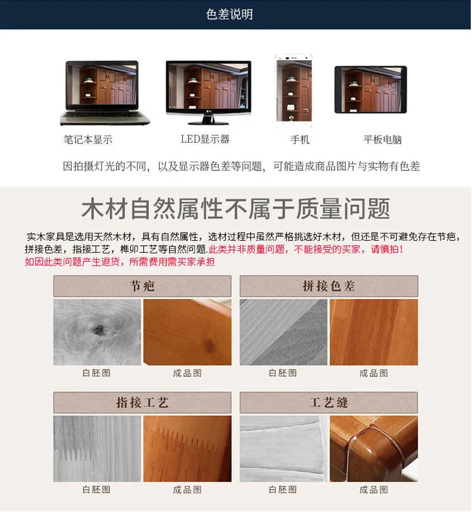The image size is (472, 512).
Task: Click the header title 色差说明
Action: click(229, 14)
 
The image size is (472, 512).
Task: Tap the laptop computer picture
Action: click(105, 92)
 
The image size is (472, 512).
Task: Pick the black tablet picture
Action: click(370, 89)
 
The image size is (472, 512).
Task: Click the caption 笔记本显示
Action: click(87, 140)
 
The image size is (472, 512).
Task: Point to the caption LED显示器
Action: click(205, 139)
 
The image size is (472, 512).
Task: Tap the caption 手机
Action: click(300, 140)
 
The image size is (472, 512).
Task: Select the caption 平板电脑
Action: click(382, 140)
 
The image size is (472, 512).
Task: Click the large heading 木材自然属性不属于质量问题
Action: click(236, 209)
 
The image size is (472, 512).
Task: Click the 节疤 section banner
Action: click(142, 286)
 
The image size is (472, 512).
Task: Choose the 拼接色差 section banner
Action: click(329, 286)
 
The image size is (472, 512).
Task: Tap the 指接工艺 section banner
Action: click(142, 403)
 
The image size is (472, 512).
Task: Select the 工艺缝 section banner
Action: click(329, 403)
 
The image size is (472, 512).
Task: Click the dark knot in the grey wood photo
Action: click(99, 329)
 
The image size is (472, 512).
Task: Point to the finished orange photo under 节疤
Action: click(187, 332)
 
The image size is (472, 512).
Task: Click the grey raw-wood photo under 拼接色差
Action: click(283, 332)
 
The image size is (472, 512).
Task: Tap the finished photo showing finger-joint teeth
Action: click(187, 448)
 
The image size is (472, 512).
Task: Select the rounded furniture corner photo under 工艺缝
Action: click(374, 448)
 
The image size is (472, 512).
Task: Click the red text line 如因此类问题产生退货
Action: click(119, 262)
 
